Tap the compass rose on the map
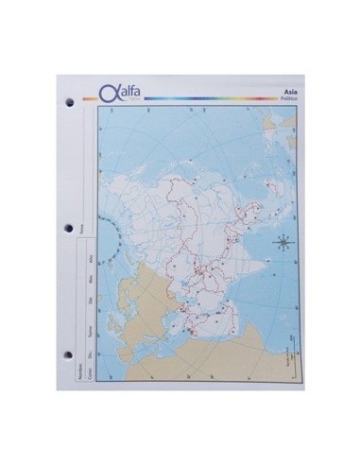282,243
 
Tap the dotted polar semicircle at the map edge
110,237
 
